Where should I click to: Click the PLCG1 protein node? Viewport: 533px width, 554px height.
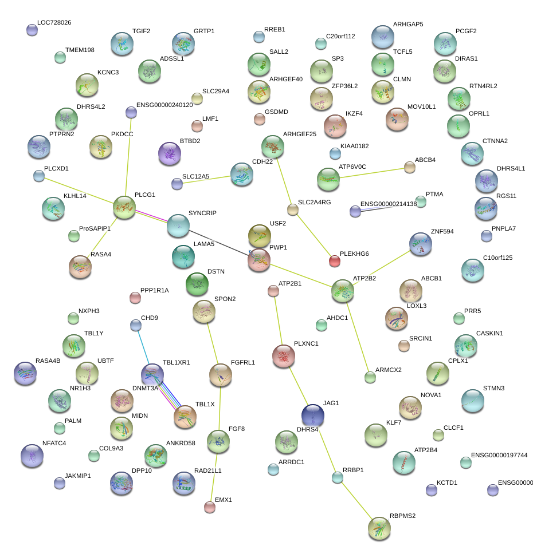coord(124,207)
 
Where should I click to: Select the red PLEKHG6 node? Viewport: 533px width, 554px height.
coord(334,261)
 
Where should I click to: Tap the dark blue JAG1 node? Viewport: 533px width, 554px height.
coord(312,415)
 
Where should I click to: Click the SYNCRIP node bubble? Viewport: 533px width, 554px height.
coord(178,226)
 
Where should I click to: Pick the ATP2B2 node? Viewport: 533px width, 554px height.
coord(343,291)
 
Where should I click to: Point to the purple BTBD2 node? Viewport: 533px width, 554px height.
coord(169,153)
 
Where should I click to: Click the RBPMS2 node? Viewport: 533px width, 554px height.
coord(379,528)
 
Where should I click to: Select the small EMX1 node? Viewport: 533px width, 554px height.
coord(210,506)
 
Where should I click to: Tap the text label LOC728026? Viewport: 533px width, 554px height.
coord(54,23)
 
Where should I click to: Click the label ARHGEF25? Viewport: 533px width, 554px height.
coord(300,134)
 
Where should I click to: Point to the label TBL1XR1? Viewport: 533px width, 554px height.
coord(176,363)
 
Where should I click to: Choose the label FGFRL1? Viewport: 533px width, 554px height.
coord(242,363)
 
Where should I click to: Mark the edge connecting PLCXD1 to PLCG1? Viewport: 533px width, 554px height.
coord(80,191)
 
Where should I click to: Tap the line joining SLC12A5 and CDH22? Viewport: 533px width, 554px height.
coord(207,180)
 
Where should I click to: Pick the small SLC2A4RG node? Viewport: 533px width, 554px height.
coord(293,209)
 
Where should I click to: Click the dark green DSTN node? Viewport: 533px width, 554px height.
coord(197,284)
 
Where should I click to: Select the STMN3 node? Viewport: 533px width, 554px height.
coord(472,401)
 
